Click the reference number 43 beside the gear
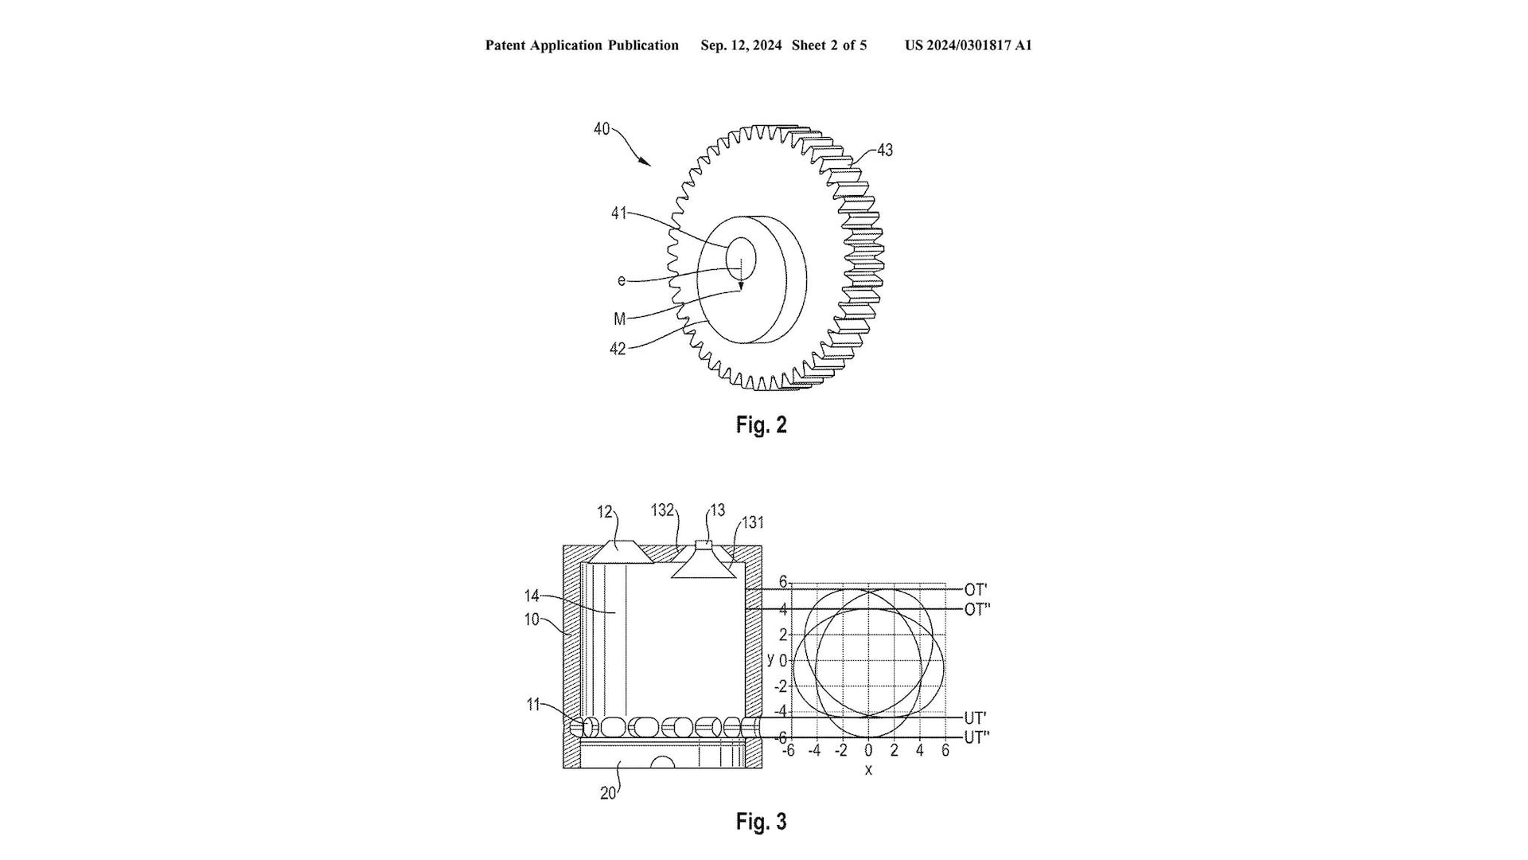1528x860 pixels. (x=884, y=150)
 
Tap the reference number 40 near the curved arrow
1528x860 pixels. (x=602, y=128)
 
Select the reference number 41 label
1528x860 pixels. (x=618, y=213)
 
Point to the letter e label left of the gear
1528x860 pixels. (x=622, y=280)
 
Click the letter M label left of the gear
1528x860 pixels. (x=620, y=319)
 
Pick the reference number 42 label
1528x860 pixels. (x=618, y=348)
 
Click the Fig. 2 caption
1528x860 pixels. (x=762, y=424)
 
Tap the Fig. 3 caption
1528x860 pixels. (x=762, y=821)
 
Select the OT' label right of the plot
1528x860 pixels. (x=976, y=589)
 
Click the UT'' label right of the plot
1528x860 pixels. (x=977, y=737)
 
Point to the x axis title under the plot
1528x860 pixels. (x=868, y=770)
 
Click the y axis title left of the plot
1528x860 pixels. (x=770, y=659)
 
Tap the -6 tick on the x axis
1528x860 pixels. (x=788, y=751)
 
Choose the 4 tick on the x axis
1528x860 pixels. (x=920, y=751)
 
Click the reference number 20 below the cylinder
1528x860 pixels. (x=608, y=793)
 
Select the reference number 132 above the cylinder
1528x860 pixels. (x=662, y=510)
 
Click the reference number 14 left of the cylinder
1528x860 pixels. (x=532, y=596)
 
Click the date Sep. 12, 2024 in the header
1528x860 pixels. (x=741, y=45)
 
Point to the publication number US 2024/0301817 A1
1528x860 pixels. (x=969, y=45)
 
